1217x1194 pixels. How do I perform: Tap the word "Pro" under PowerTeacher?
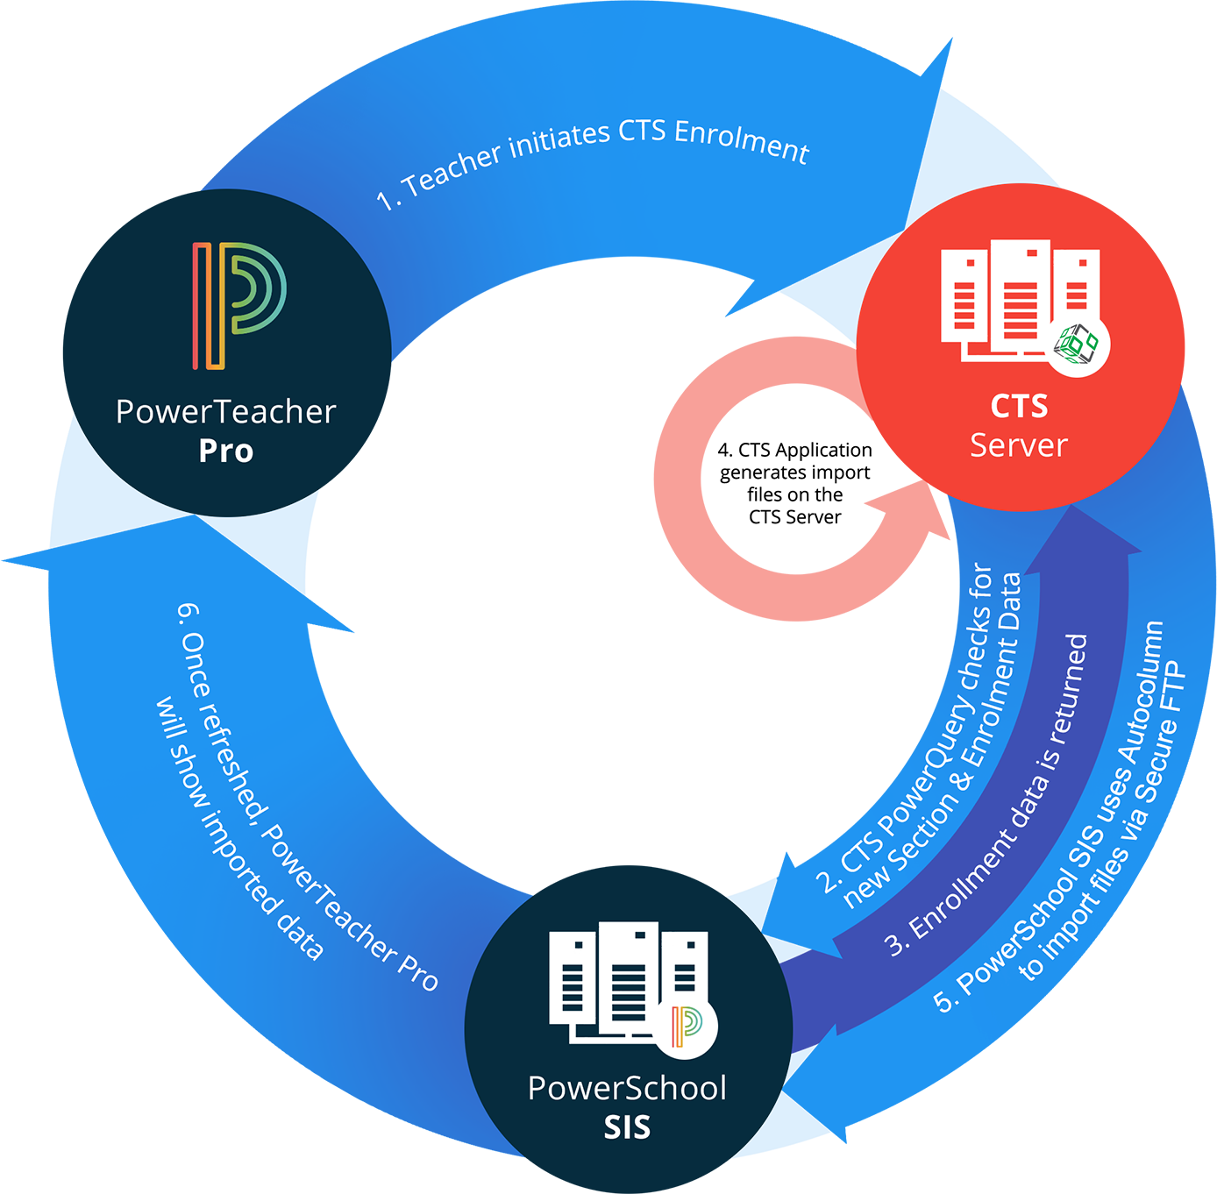point(226,451)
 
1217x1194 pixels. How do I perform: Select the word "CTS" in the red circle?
point(1019,407)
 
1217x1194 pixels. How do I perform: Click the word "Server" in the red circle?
point(1018,445)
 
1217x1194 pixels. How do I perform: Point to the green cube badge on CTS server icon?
point(1078,345)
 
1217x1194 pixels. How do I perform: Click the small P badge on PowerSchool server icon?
point(687,1026)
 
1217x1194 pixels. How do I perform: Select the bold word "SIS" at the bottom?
point(627,1127)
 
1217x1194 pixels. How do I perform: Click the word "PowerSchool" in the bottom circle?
point(627,1089)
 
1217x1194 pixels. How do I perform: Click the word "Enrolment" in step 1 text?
point(742,142)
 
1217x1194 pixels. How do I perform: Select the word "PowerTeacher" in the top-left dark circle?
point(226,412)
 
